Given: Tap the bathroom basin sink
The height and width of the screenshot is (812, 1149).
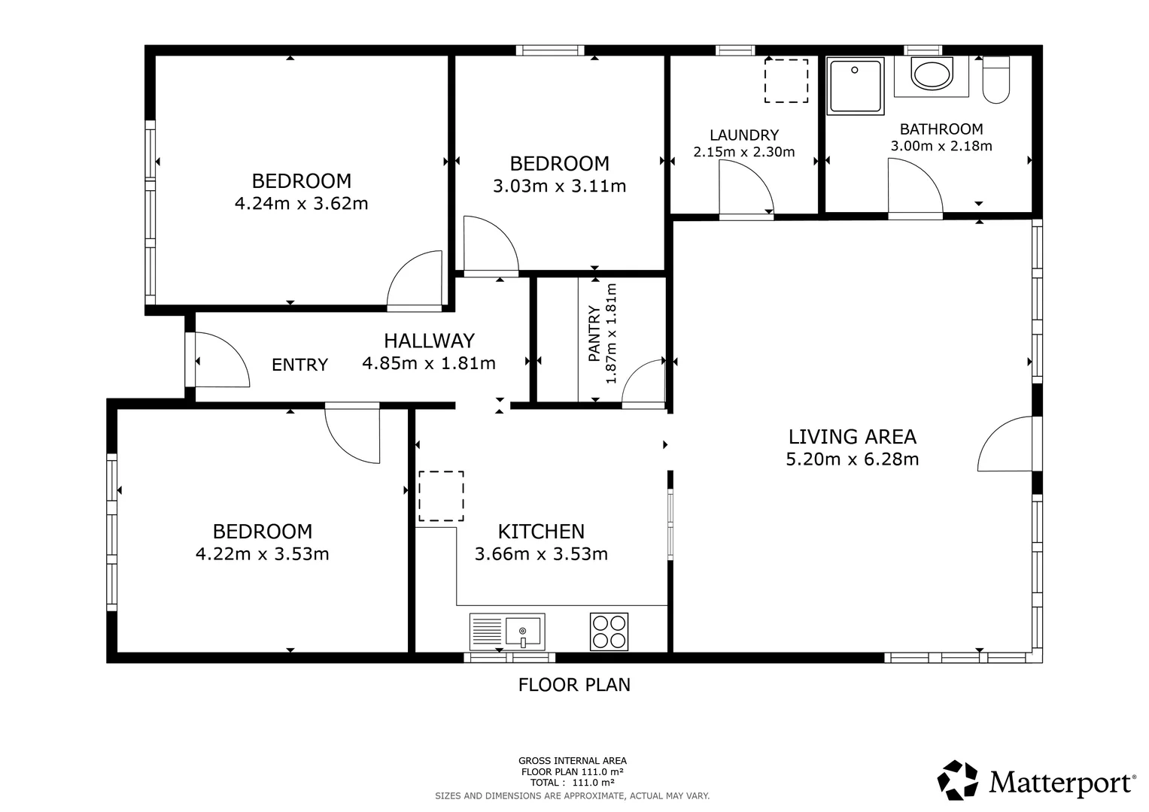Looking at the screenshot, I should point(931,74).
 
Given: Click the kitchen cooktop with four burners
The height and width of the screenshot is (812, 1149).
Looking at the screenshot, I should point(609,632).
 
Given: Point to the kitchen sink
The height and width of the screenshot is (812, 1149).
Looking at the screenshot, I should point(523,632).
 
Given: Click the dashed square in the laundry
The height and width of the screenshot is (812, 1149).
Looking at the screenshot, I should point(786,80).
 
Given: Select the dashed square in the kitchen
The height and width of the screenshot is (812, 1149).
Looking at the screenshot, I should point(441,496).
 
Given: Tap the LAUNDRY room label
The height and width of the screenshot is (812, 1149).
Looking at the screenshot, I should point(743,135).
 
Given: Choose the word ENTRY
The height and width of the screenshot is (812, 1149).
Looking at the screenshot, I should point(299,365).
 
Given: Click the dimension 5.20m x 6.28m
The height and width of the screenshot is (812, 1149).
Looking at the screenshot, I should point(852,459).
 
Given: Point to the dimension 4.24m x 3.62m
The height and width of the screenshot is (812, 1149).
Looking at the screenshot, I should point(301,203).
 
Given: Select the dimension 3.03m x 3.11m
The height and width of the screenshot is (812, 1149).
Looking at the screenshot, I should point(559,186).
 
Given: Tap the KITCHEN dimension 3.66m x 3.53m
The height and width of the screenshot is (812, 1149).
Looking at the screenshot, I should point(541,554).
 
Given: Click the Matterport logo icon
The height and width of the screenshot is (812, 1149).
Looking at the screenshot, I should point(958,780).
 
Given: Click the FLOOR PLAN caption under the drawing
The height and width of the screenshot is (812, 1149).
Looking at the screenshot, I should point(574,684).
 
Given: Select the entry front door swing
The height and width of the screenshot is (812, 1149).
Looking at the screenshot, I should point(221,362).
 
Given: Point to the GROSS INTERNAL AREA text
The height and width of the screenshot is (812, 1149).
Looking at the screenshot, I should point(572,760).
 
